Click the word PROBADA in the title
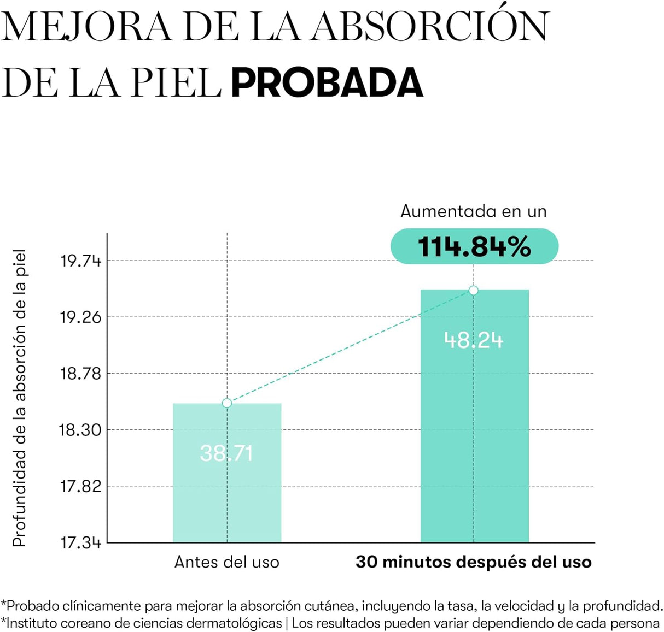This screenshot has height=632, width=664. click(x=327, y=83)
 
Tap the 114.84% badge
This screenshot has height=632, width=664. click(x=474, y=246)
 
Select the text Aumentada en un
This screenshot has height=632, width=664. click(x=474, y=211)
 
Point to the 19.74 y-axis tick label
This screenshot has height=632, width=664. click(x=81, y=261)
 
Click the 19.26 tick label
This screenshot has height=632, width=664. click(x=81, y=317)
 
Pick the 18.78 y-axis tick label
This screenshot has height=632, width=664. click(x=81, y=374)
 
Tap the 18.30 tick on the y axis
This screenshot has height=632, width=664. click(x=81, y=430)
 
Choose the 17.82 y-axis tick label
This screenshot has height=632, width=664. click(x=81, y=486)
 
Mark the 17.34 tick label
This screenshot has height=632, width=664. click(x=81, y=543)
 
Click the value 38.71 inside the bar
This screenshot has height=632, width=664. click(x=226, y=453)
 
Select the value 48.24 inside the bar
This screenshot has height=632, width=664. click(x=474, y=340)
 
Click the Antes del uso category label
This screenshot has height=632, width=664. click(x=227, y=562)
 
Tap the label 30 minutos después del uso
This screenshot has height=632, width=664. click(x=474, y=562)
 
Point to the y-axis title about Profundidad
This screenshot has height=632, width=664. click(x=20, y=398)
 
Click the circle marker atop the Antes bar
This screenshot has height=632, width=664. click(x=227, y=403)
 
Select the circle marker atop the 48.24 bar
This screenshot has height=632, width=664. click(x=474, y=290)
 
